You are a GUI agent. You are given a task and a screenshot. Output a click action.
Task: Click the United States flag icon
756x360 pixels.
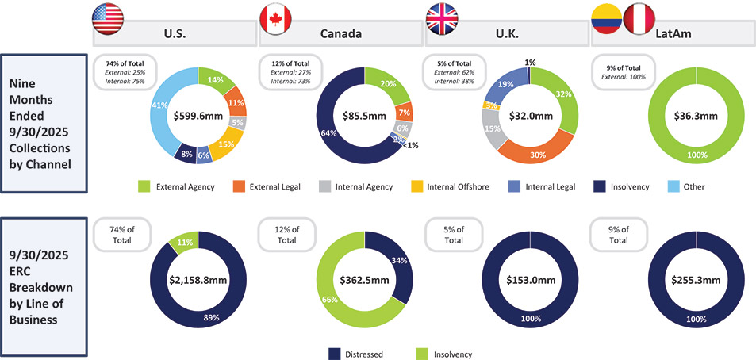point(107,17)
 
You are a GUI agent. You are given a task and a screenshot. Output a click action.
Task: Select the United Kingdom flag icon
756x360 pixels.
point(441,17)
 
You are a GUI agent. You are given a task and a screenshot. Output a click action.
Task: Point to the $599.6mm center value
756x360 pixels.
point(198,115)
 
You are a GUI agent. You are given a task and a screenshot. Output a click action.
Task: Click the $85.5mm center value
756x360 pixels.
point(364,115)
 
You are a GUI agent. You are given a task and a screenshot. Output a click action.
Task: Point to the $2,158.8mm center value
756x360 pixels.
point(198,280)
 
